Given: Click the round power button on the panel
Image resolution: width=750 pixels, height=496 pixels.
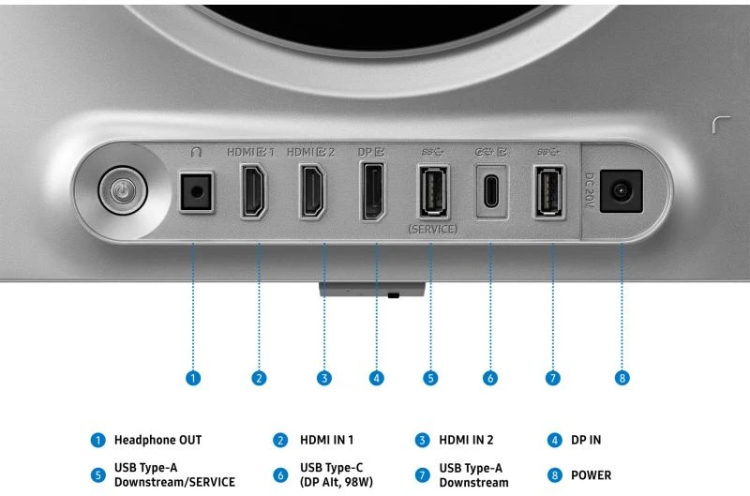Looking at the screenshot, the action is (123, 191).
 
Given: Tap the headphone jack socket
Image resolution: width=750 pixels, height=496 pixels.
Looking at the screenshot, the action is (196, 192).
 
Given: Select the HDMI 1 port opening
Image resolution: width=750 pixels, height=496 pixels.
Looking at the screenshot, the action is (253, 191).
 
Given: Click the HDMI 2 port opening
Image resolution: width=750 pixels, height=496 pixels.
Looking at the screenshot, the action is (313, 191).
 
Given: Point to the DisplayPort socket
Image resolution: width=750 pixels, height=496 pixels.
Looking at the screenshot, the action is (373, 191).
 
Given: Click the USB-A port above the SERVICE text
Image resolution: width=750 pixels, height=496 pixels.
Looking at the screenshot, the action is (434, 191).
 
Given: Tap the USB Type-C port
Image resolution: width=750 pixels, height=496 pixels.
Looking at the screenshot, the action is (491, 192).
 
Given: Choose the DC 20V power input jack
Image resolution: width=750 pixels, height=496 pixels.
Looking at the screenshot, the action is (621, 191).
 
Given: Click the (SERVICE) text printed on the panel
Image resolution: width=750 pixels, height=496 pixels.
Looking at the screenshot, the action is (433, 229).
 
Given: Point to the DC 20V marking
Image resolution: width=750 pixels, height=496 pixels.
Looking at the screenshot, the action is (590, 190).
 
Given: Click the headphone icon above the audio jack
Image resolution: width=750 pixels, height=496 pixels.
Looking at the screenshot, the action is (196, 152).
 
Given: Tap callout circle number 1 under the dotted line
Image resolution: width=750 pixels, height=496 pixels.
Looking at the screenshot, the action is (193, 378).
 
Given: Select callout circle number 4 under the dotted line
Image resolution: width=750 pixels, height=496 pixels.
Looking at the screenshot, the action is (377, 378).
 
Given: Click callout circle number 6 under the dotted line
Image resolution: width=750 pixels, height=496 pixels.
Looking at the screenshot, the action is (489, 378).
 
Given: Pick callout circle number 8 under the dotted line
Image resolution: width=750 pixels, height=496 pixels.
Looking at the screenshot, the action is (622, 378).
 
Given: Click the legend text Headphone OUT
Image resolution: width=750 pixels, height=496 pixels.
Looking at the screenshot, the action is (157, 440).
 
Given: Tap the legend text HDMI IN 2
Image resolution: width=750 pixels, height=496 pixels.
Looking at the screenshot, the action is (466, 440).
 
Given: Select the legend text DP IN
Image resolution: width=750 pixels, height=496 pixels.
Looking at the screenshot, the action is (586, 440).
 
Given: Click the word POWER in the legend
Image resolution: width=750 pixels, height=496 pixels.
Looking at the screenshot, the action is (592, 475).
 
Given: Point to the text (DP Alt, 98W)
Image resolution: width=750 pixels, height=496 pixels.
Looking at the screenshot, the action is (337, 482).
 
